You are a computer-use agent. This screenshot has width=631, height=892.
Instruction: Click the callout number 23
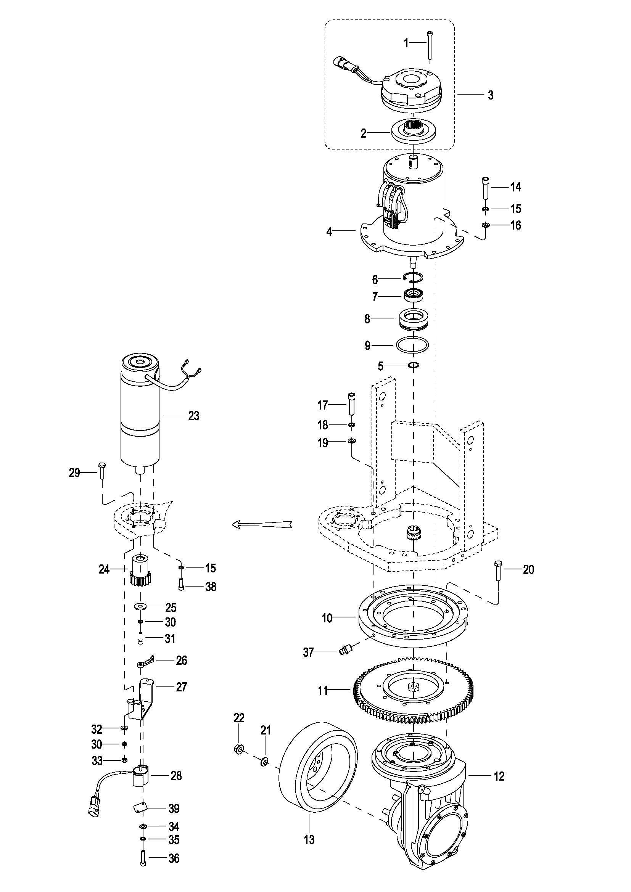[193, 416]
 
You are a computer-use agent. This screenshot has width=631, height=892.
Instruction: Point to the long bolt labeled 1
[430, 46]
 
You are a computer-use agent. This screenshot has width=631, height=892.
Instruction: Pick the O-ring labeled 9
[412, 345]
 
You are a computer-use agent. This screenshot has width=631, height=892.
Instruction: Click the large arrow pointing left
[261, 524]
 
